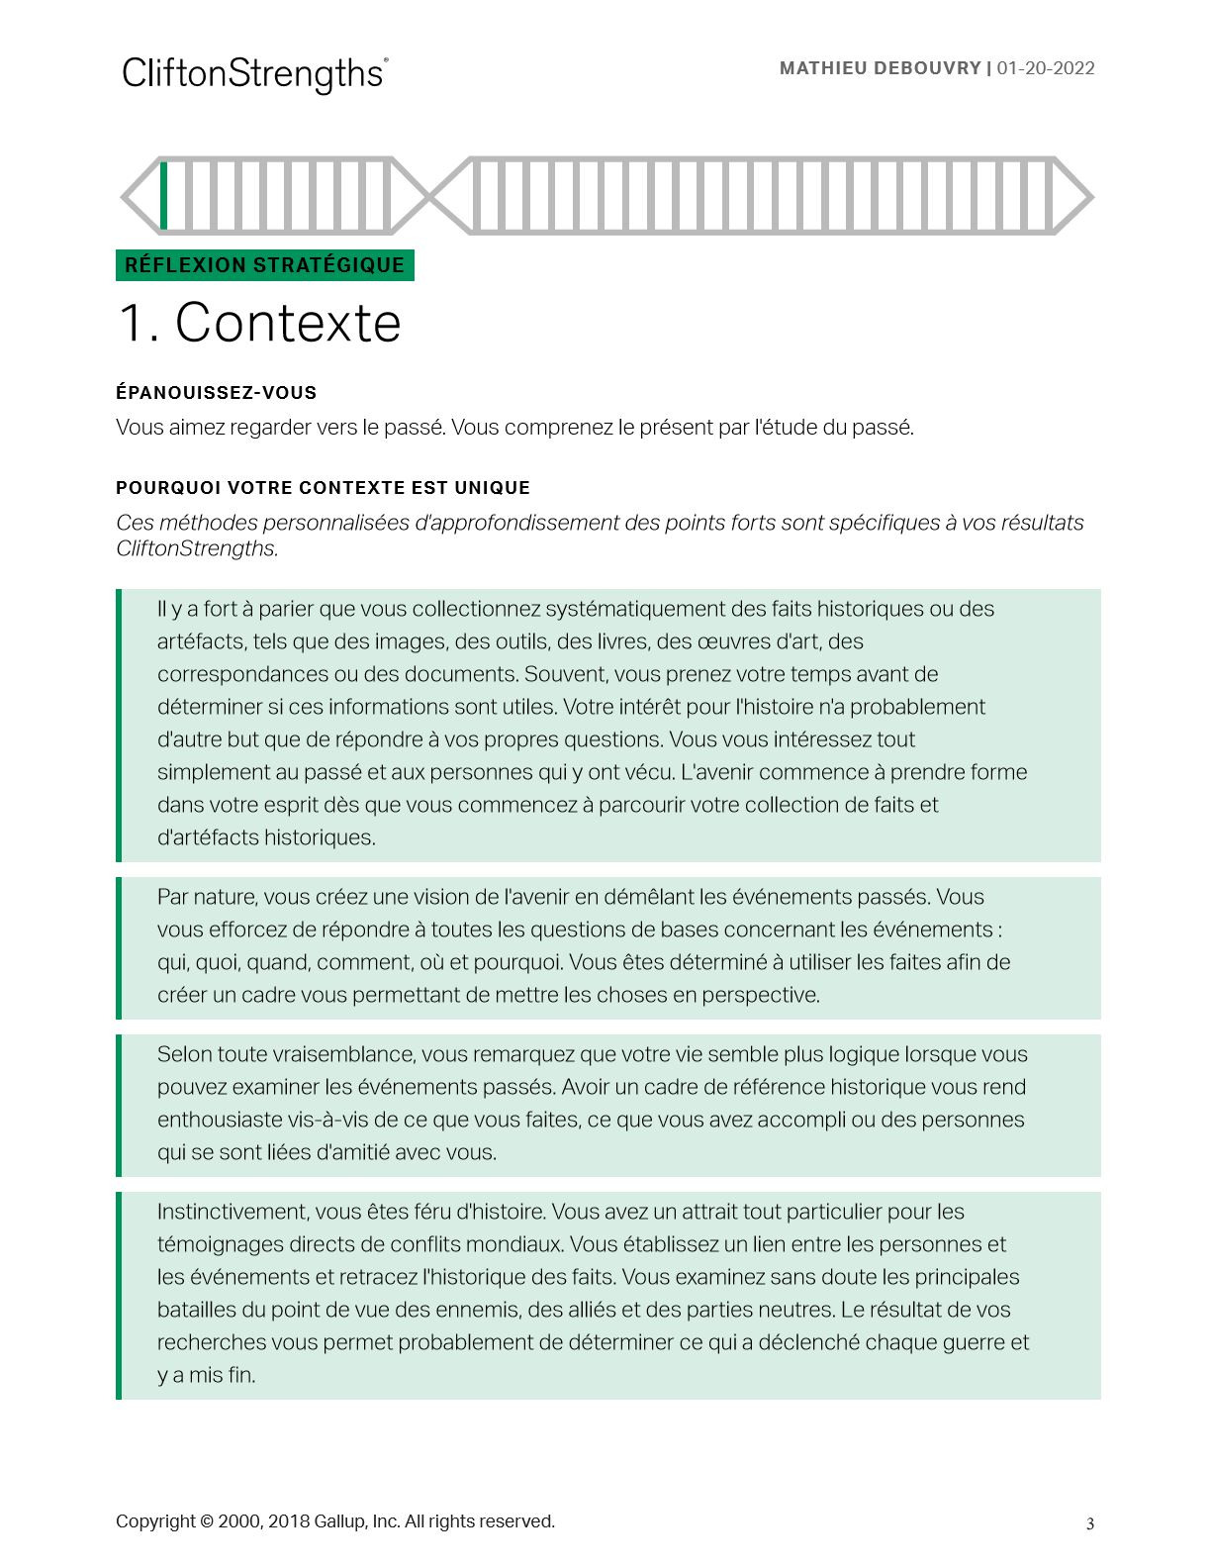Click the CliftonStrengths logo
[x=254, y=74]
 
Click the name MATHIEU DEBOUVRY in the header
[x=880, y=68]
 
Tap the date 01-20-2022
[x=1046, y=68]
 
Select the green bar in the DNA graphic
[x=164, y=195]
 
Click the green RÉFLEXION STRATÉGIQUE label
[x=264, y=265]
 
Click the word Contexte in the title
[x=288, y=323]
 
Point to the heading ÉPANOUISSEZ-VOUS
[x=216, y=393]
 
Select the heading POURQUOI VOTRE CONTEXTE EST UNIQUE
[x=323, y=488]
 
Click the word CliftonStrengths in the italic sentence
[x=196, y=548]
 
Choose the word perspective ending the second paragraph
[x=761, y=995]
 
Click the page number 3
[x=1090, y=1523]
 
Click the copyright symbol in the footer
[x=207, y=1521]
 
